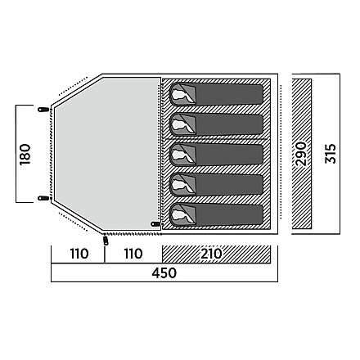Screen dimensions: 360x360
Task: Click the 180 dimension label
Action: [25, 154]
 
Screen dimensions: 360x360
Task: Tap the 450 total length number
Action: [164, 272]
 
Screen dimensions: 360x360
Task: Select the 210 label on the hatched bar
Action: [212, 254]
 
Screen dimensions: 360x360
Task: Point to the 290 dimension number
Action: [301, 154]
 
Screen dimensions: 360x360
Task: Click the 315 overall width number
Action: [331, 154]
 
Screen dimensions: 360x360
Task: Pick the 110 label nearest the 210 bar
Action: [133, 254]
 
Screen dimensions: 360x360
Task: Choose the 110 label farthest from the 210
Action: [79, 254]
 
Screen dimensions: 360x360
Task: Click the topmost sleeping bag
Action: [216, 94]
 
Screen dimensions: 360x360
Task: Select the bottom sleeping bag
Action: [216, 215]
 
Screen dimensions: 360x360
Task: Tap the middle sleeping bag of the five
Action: [216, 155]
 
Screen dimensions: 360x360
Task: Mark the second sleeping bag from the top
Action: [216, 124]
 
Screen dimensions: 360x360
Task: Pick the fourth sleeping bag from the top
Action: [216, 185]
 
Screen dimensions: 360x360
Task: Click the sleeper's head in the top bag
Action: [179, 94]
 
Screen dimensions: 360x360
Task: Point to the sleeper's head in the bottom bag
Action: [179, 215]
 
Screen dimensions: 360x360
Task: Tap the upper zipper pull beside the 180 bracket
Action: [43, 110]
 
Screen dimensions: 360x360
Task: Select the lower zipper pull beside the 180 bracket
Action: [43, 198]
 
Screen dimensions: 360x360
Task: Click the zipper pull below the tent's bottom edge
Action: [106, 241]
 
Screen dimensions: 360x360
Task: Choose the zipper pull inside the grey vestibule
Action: [155, 224]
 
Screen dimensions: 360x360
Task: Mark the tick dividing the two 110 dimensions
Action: [105, 254]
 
